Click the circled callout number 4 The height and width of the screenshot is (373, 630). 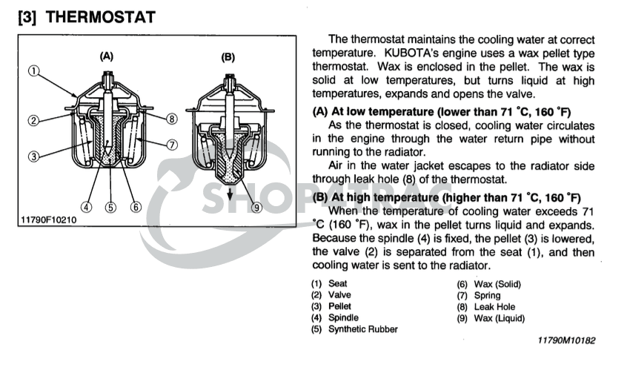coord(87,207)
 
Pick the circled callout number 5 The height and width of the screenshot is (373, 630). coord(111,207)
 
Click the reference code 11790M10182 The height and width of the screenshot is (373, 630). coord(566,340)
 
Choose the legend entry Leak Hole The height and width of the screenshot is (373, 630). coord(494,306)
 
